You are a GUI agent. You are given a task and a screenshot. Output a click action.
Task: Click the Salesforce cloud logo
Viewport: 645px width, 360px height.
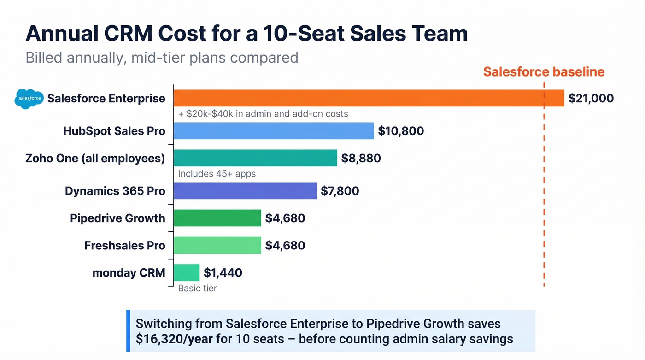[29, 98]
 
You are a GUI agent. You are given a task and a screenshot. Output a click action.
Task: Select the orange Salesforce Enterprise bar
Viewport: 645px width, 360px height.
[369, 98]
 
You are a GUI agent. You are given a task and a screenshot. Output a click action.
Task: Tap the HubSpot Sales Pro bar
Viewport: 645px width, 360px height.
[274, 131]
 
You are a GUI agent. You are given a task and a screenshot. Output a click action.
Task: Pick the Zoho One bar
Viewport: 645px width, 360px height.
[255, 158]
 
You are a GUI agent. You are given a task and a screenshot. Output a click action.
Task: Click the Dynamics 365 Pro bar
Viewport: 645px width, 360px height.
[245, 191]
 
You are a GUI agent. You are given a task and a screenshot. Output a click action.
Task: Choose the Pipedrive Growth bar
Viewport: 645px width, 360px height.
[217, 218]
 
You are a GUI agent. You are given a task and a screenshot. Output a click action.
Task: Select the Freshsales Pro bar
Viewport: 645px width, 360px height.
[217, 245]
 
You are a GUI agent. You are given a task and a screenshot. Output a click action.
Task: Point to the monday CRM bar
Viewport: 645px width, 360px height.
[187, 272]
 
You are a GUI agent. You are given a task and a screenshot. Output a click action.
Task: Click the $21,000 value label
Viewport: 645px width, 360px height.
[591, 98]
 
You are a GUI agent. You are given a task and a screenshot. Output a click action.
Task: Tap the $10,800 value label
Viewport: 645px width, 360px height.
[401, 131]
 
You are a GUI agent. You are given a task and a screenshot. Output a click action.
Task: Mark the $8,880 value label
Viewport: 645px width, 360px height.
[361, 159]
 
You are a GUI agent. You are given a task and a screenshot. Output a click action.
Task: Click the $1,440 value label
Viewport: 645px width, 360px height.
[223, 273]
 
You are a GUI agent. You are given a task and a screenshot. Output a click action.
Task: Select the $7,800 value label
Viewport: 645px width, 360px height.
[340, 191]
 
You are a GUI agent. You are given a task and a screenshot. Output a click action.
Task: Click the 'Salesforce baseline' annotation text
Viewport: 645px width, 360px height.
[544, 72]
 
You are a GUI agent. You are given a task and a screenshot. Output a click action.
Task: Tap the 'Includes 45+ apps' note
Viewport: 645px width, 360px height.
[217, 174]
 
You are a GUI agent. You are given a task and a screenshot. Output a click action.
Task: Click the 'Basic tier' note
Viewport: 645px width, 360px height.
[197, 289]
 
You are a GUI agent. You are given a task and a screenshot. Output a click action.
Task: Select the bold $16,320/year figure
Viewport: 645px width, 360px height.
[174, 339]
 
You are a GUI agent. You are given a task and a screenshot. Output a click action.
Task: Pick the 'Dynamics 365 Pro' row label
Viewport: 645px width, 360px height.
[115, 191]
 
